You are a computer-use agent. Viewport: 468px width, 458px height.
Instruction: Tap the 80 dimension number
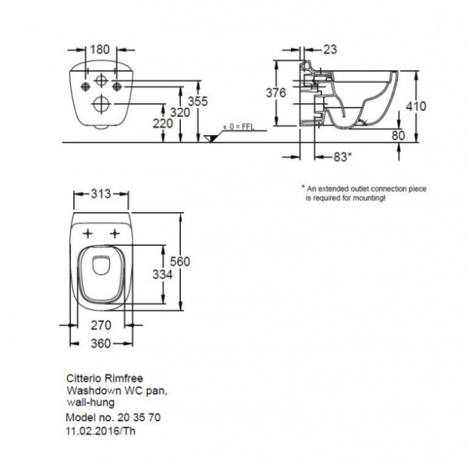click(398, 134)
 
